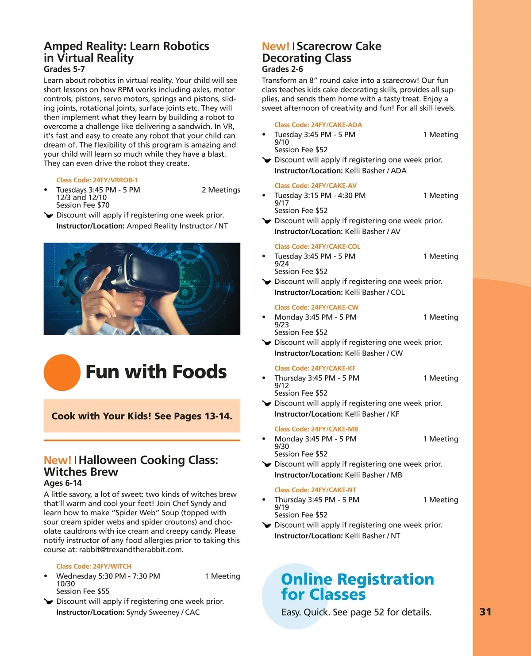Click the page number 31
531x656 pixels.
tap(485, 612)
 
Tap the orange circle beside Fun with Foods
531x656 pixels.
tap(62, 372)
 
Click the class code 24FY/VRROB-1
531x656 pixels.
tap(97, 180)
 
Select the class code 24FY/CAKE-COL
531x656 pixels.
tap(317, 247)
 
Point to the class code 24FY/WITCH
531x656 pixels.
tap(94, 566)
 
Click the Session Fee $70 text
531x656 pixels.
tap(83, 205)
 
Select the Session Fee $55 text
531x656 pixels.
tap(83, 591)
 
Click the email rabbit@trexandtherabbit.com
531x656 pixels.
tap(131, 550)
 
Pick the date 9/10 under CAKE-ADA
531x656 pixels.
tap(281, 142)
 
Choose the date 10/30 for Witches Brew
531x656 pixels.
tap(65, 584)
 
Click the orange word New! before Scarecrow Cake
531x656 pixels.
tap(275, 46)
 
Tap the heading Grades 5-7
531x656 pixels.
tap(64, 69)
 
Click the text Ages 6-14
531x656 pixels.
tap(63, 483)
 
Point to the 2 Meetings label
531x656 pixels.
tap(221, 190)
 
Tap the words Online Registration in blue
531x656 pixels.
tap(358, 579)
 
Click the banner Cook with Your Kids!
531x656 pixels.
tap(142, 416)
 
